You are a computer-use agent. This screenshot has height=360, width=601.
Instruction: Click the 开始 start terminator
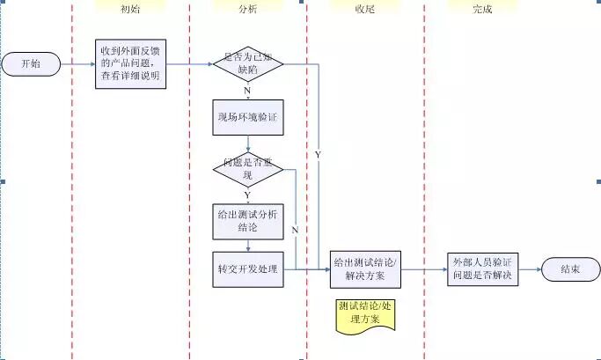pos(30,63)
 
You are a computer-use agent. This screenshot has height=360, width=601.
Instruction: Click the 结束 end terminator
pos(570,269)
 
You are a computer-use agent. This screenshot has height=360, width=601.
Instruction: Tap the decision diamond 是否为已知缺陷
pos(248,63)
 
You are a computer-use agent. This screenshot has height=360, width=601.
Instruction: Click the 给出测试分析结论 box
pos(248,221)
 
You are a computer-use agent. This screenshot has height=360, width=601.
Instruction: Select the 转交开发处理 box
pos(248,268)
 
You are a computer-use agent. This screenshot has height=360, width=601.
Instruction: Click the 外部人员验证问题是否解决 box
pos(482,269)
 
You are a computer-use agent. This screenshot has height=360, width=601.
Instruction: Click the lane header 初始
pos(129,9)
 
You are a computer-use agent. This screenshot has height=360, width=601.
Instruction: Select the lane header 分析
pos(249,9)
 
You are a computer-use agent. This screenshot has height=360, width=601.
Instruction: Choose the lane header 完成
pos(482,9)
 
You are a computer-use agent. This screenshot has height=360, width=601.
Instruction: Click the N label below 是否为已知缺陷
pos(247,90)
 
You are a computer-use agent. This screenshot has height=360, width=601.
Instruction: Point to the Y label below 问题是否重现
pos(247,195)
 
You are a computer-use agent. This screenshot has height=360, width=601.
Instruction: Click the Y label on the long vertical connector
pos(318,155)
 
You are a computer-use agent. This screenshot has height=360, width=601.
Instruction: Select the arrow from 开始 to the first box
pos(77,63)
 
